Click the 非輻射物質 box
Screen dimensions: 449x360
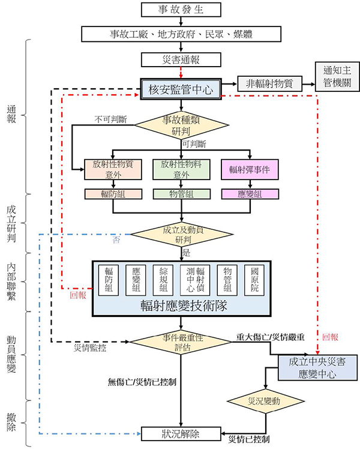[269, 84]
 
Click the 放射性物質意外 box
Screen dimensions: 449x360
[113, 169]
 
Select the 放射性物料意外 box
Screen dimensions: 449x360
[181, 169]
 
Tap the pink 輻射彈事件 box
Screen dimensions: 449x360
[250, 169]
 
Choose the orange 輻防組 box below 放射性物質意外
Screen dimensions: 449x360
[113, 194]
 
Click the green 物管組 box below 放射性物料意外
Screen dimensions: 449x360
[181, 194]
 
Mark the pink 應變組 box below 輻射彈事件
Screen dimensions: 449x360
[250, 194]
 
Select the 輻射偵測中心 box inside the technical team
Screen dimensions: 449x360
[195, 280]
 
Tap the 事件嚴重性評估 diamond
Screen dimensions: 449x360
[181, 341]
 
